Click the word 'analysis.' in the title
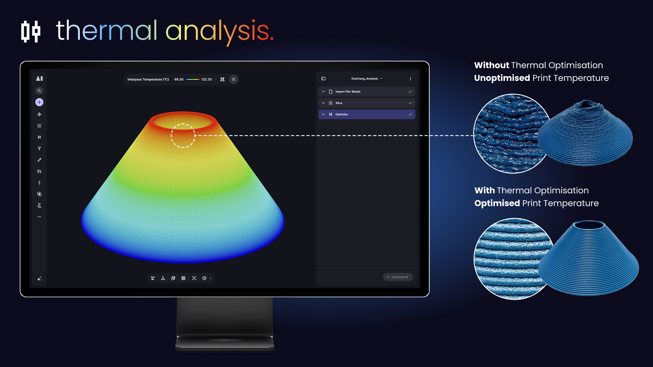(x=220, y=32)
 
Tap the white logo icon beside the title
(x=31, y=31)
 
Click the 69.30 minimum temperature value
(x=179, y=80)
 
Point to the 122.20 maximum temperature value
(x=206, y=80)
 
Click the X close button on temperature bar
(x=233, y=80)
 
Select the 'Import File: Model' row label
(x=348, y=92)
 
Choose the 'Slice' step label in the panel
(x=339, y=103)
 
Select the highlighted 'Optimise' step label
(x=341, y=115)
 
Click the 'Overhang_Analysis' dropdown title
(x=365, y=78)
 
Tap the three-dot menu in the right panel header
(x=411, y=78)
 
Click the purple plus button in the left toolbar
(x=39, y=102)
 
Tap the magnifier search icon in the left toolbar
(x=39, y=91)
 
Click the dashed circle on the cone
(x=183, y=124)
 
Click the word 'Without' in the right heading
(x=491, y=65)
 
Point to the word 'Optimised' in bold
(x=497, y=203)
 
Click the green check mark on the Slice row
(x=411, y=103)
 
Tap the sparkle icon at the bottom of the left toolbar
(x=39, y=279)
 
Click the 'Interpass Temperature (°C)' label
(x=148, y=80)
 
